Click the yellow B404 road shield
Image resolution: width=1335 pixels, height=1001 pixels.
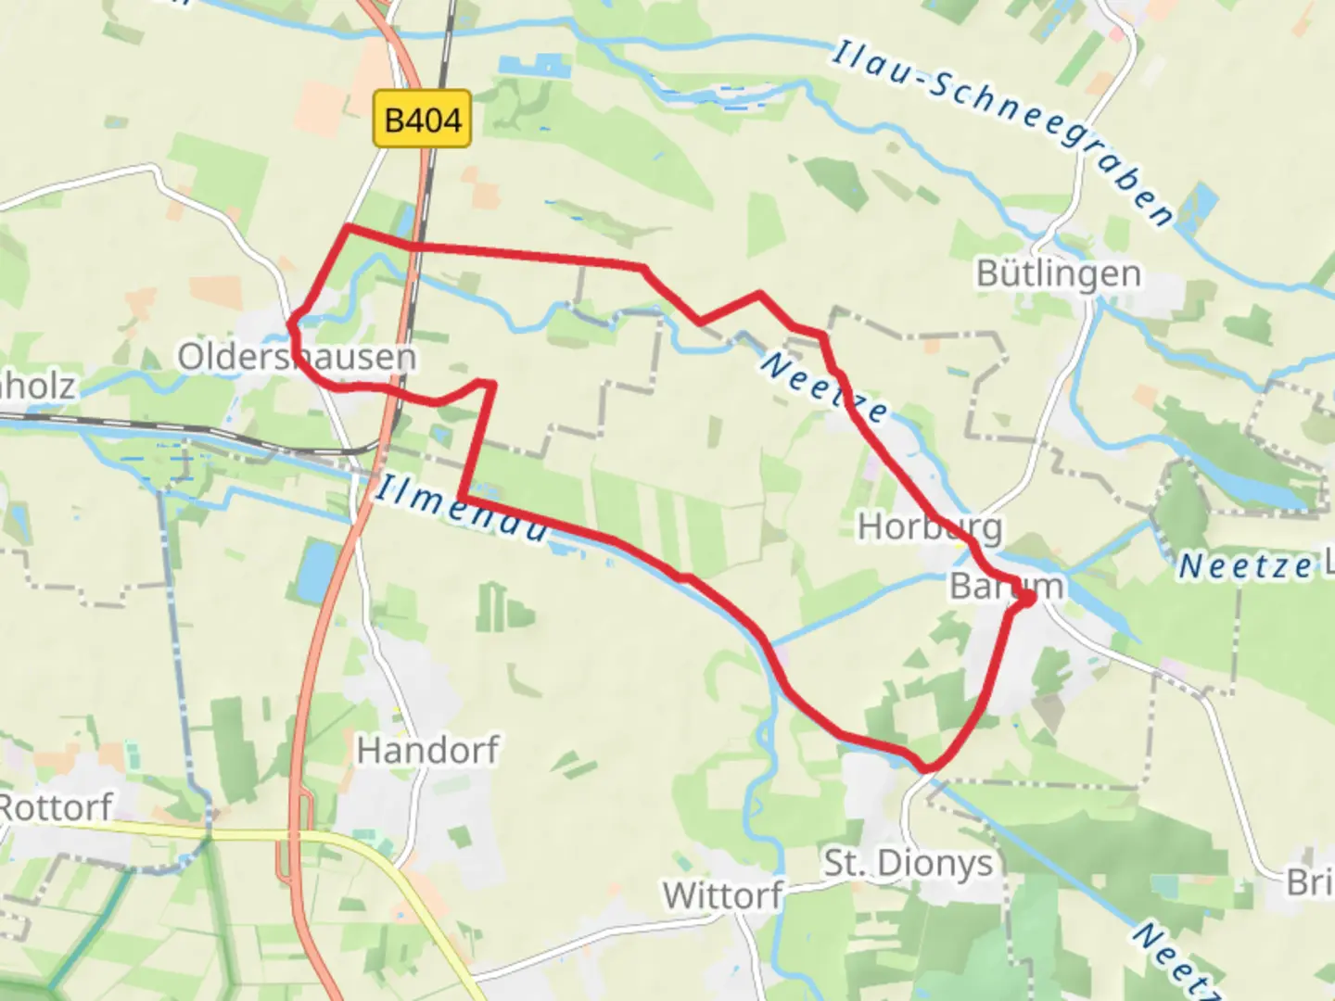[422, 119]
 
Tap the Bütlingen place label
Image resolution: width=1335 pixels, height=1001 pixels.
[1059, 273]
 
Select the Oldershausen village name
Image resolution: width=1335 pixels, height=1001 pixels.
[296, 357]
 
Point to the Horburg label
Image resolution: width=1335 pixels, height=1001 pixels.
[930, 526]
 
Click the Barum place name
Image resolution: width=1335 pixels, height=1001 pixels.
[1006, 586]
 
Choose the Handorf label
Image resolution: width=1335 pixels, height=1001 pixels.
[427, 749]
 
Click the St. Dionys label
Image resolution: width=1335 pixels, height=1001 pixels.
[908, 863]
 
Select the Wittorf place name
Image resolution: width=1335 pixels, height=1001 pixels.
[723, 895]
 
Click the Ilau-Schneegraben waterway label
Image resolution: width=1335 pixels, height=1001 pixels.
[1002, 130]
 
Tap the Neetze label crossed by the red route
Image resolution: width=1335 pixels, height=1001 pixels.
[823, 387]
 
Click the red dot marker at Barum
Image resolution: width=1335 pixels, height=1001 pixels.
[1026, 600]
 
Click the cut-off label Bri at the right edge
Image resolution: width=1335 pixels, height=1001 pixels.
[1309, 882]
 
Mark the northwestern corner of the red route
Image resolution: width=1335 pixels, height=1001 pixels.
[347, 227]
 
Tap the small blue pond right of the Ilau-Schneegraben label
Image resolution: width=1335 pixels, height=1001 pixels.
[1201, 205]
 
